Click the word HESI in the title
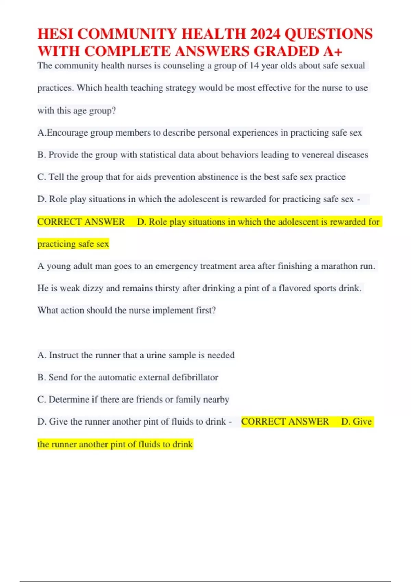point(55,34)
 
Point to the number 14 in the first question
point(254,66)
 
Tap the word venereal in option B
point(317,155)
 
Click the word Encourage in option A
point(67,133)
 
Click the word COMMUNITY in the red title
point(128,34)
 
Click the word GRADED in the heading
point(286,51)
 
